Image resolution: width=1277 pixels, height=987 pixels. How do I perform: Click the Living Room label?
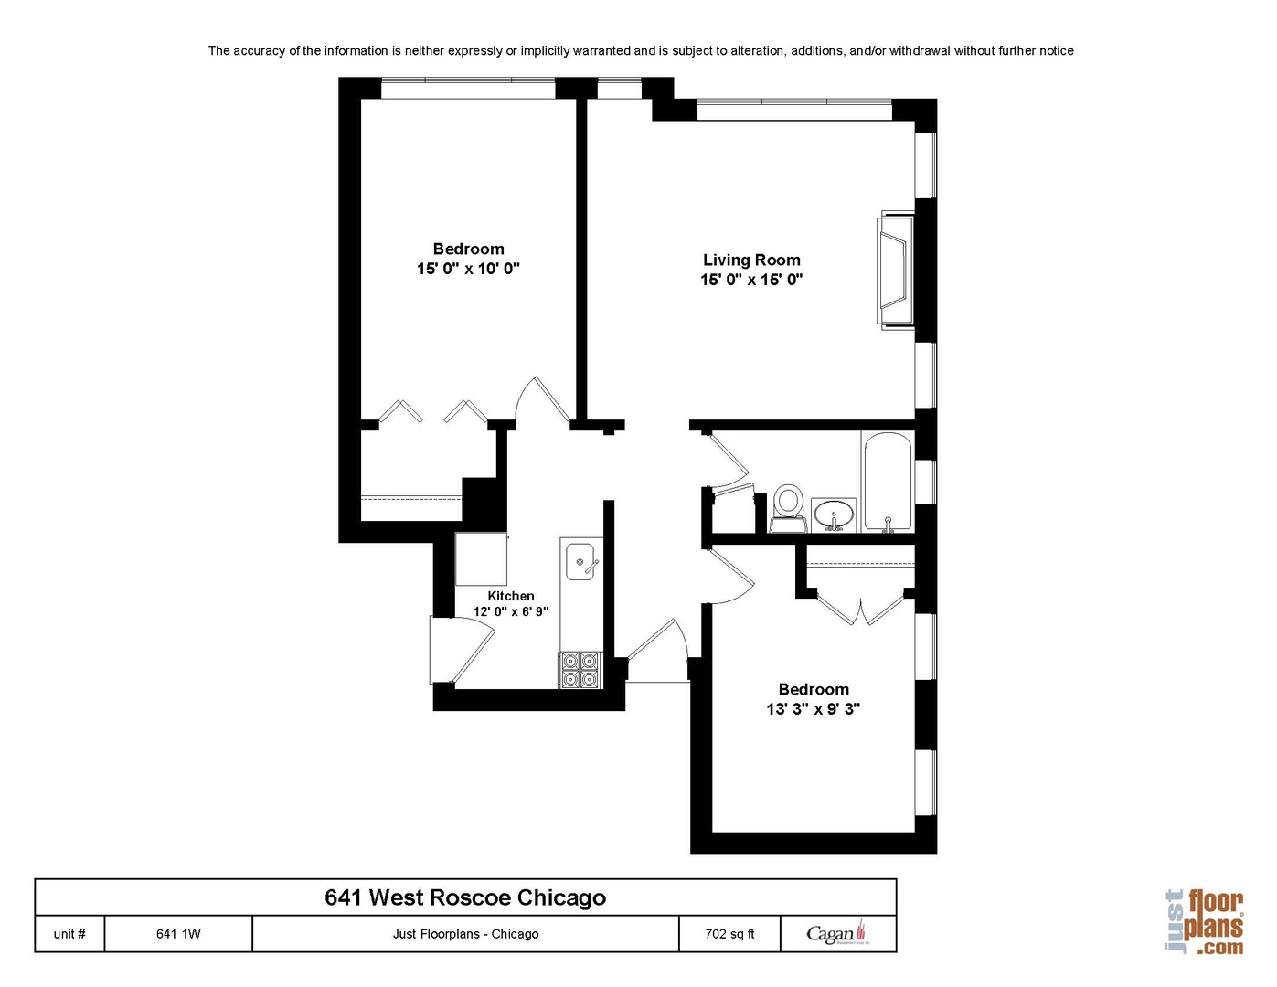pos(750,260)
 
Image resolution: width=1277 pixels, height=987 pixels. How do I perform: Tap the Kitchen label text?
pos(510,596)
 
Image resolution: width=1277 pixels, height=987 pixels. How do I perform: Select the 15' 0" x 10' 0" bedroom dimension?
pos(468,269)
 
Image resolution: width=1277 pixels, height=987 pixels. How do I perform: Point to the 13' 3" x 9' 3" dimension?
pos(813,709)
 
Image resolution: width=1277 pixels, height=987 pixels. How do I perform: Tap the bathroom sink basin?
pos(833,514)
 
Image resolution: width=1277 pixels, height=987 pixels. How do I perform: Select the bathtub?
pos(887,483)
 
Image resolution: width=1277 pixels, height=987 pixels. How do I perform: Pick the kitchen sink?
pos(580,561)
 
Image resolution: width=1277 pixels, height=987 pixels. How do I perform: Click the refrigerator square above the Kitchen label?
pos(481,559)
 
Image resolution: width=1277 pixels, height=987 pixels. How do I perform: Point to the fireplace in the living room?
pos(894,270)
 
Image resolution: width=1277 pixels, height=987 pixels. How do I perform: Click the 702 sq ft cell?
pos(729,934)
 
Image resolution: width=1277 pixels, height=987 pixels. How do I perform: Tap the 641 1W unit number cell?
pos(178,934)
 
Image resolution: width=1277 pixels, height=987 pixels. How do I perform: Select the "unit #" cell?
pos(69,934)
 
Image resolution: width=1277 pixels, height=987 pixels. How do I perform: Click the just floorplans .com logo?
pos(1205,921)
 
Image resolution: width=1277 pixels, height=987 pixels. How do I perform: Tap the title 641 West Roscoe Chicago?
pos(465,897)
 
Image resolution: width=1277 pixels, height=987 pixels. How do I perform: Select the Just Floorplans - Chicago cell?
pos(465,934)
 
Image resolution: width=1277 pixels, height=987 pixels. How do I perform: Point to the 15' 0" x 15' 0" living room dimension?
pos(750,280)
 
